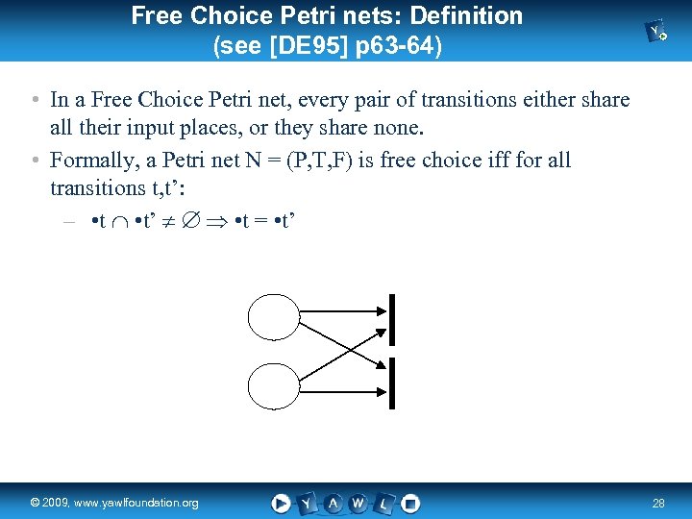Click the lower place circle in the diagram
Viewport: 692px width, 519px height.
pyautogui.click(x=275, y=386)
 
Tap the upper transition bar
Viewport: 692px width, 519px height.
pyautogui.click(x=394, y=319)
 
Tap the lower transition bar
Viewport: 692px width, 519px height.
pyautogui.click(x=394, y=381)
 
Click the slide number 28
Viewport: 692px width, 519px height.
pyautogui.click(x=658, y=503)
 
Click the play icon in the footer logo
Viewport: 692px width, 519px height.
pyautogui.click(x=281, y=503)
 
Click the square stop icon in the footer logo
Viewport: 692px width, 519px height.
pyautogui.click(x=410, y=503)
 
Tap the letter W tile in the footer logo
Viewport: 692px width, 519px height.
pyautogui.click(x=358, y=503)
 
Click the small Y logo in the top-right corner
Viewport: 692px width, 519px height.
pyautogui.click(x=658, y=33)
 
